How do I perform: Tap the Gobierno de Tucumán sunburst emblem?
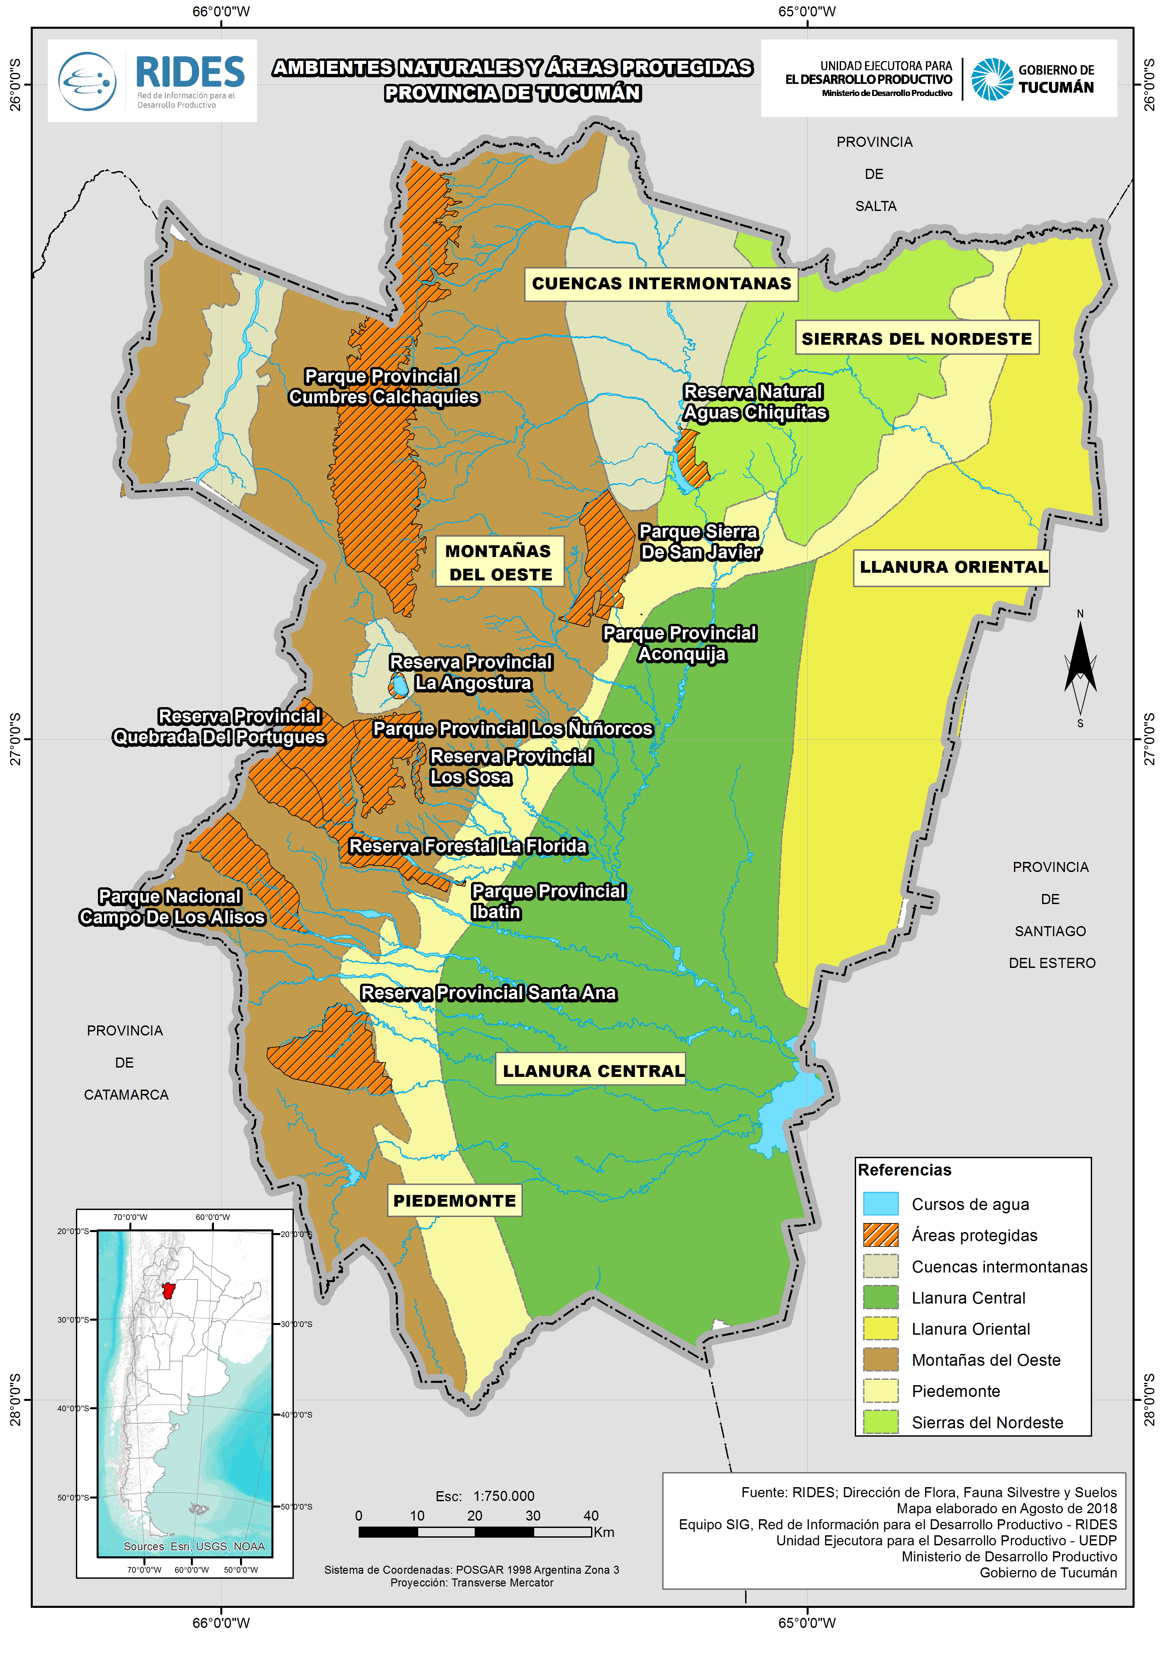point(992,79)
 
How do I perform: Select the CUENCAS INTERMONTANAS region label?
point(661,283)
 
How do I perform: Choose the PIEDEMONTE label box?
point(454,1201)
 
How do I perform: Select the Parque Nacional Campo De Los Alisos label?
point(172,907)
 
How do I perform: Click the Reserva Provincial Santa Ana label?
point(488,993)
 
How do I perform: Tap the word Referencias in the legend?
point(904,1170)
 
